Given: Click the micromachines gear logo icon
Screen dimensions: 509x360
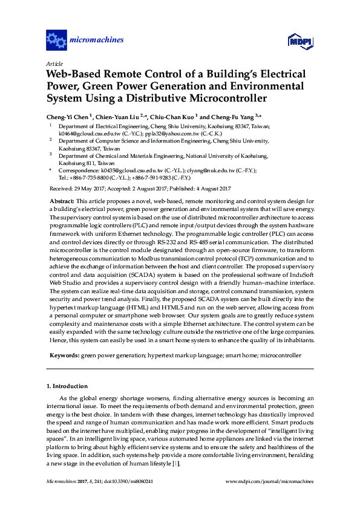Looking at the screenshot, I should (56, 41).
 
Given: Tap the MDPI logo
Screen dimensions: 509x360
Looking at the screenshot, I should (295, 41).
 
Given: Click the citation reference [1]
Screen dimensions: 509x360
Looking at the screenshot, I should (175, 462).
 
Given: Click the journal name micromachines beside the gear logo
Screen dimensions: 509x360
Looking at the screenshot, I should (97, 41).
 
